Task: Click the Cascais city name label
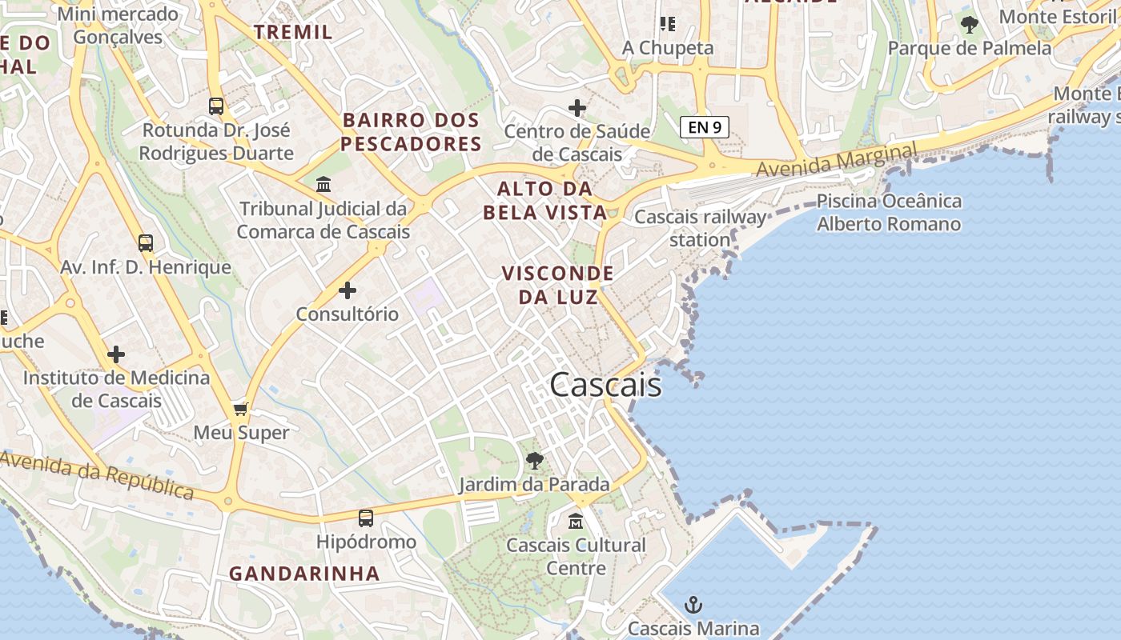(x=606, y=385)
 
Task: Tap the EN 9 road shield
(x=705, y=126)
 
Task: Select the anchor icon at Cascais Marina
(x=693, y=605)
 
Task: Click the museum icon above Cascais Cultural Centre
(x=576, y=522)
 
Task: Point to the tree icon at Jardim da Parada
(x=534, y=460)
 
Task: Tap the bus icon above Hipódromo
(x=366, y=518)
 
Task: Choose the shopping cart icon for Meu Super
(x=240, y=410)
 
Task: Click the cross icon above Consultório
(x=348, y=290)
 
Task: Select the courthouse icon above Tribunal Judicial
(x=323, y=185)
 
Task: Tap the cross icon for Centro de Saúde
(x=577, y=107)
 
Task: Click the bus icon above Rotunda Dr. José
(x=215, y=106)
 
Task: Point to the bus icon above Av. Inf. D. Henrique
(x=145, y=242)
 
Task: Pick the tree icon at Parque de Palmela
(x=969, y=25)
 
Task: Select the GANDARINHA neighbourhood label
(x=304, y=574)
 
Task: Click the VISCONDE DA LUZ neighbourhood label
(x=557, y=285)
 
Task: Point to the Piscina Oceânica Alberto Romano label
(x=889, y=212)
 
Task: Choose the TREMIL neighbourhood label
(x=293, y=32)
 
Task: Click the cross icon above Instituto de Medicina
(x=116, y=354)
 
